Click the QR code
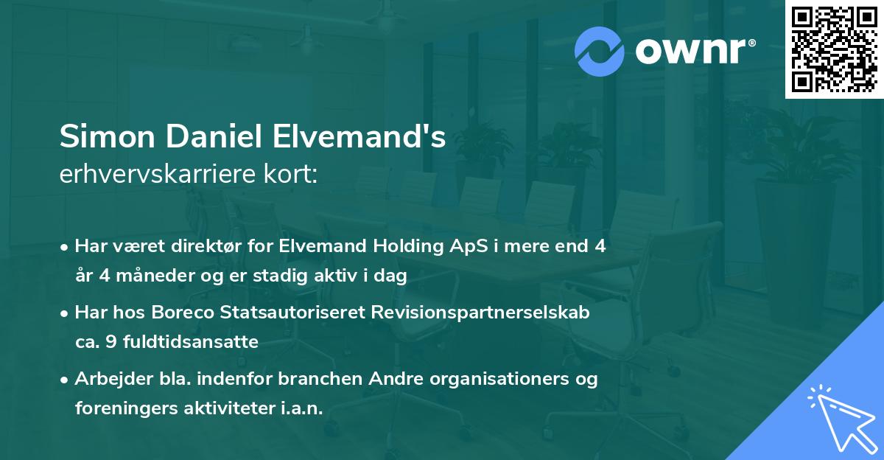(x=833, y=49)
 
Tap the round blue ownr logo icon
(x=600, y=51)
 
